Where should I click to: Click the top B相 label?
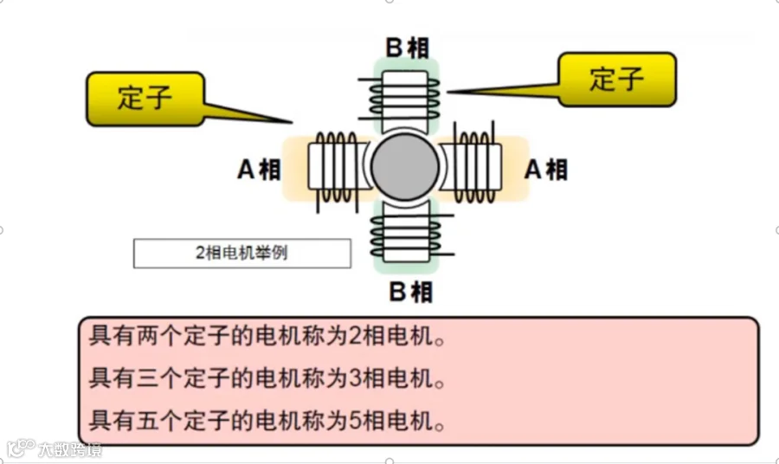pos(406,48)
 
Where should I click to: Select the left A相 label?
pos(259,170)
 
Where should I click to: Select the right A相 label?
pos(546,169)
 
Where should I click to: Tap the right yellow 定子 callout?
pos(616,80)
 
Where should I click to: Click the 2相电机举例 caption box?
pos(241,254)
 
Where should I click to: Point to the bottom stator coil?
pos(405,236)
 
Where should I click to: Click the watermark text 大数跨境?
pos(69,450)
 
